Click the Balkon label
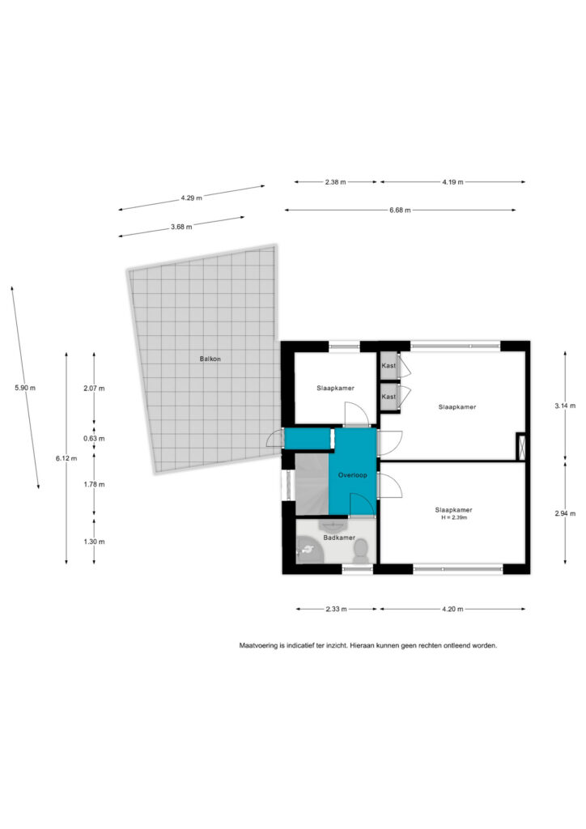click(210, 359)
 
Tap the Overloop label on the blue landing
click(352, 475)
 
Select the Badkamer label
click(339, 538)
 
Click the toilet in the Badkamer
click(361, 551)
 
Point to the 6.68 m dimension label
click(400, 210)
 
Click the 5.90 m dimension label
click(25, 388)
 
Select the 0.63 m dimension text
click(94, 438)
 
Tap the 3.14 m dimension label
click(565, 406)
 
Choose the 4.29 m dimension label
click(191, 198)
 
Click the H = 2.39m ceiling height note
click(454, 517)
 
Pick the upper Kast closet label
click(389, 365)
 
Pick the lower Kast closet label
click(389, 397)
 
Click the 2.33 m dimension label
click(336, 609)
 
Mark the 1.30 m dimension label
click(94, 542)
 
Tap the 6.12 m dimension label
click(66, 458)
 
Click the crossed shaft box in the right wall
click(521, 447)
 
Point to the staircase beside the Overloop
click(312, 484)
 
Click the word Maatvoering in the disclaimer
click(258, 645)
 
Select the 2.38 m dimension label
click(336, 182)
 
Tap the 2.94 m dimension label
click(565, 513)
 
